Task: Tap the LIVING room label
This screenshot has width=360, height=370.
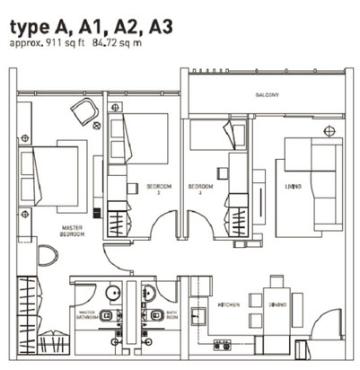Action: pos(293,186)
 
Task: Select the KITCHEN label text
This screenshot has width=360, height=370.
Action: pos(228,305)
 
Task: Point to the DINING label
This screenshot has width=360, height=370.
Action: pos(277,305)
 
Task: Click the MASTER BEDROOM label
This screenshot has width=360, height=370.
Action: pos(73,231)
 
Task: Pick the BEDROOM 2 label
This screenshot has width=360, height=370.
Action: pos(159,189)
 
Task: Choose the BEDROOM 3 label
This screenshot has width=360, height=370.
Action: pos(199,189)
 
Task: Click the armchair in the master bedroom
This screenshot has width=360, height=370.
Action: pos(84,111)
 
